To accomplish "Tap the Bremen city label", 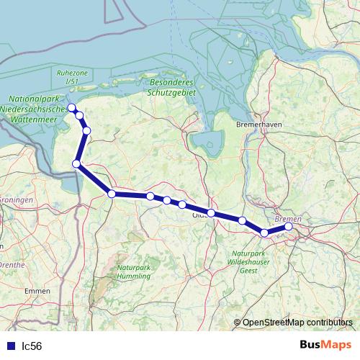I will coord(288,218).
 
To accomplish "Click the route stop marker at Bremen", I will coord(289,227).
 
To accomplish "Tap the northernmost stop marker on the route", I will coord(71,108).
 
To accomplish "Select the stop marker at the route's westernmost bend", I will coord(76,164).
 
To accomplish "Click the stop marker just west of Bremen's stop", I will coord(264,233).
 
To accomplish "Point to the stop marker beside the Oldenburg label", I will coord(211,213).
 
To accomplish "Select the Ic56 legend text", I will coord(31,346).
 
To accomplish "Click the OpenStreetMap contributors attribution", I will coord(297,323).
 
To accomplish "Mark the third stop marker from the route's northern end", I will coord(86,130).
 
